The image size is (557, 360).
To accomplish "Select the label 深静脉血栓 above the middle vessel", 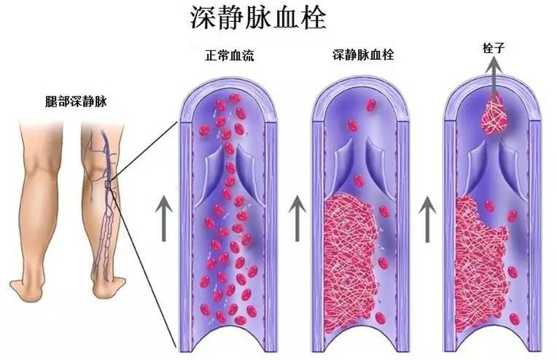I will [362, 55].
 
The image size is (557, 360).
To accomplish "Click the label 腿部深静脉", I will [76, 102].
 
